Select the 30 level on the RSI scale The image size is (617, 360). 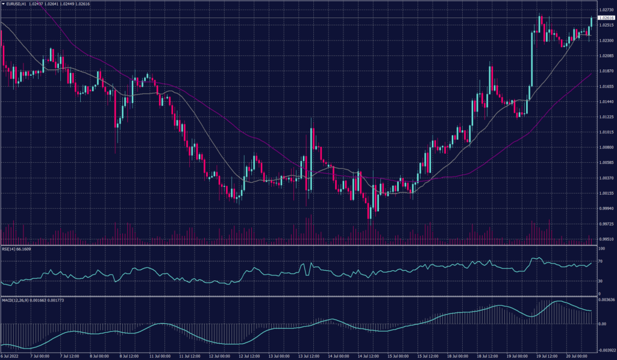[x=600, y=280]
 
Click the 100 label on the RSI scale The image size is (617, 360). [x=601, y=248]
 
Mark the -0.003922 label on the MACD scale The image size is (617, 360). [x=606, y=349]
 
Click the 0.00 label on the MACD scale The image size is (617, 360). [x=602, y=324]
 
